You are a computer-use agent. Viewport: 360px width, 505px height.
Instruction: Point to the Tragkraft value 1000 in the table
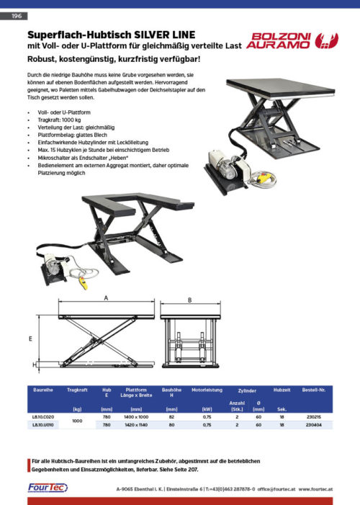pos(77,421)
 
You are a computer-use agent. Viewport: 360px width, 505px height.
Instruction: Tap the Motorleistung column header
pos(207,389)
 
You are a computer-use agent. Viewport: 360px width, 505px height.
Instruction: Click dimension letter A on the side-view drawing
pos(105,297)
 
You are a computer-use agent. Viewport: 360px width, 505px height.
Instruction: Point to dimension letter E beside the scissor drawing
pos(30,337)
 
